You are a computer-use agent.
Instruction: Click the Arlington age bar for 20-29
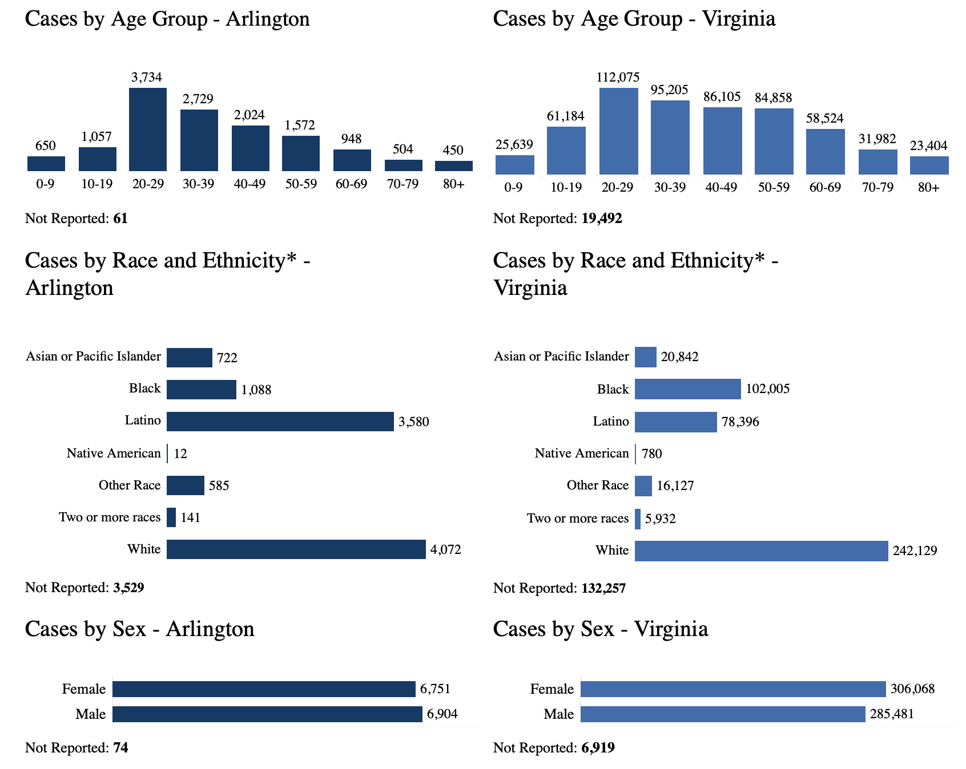[148, 129]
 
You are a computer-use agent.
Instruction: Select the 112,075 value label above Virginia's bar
[618, 77]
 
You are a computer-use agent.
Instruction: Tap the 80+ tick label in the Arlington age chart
[453, 184]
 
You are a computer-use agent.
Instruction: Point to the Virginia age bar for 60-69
[825, 152]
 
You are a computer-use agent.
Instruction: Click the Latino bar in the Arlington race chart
[280, 422]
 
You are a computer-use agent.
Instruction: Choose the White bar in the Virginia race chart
[761, 551]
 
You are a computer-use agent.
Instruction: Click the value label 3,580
[413, 422]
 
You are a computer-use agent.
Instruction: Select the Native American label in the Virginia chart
[581, 454]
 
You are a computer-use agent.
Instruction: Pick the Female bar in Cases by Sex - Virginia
[733, 689]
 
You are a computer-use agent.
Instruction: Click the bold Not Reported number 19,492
[602, 218]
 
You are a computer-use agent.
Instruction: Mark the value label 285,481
[892, 714]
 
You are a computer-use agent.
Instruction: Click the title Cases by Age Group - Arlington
[167, 19]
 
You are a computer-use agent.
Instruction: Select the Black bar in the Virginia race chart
[687, 389]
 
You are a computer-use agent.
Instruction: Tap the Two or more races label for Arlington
[110, 517]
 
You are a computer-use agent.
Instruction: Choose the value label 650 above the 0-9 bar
[46, 146]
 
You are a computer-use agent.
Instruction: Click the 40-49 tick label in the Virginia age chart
[721, 188]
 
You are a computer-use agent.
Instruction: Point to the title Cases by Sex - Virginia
[600, 629]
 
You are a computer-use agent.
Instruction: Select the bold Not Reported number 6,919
[598, 748]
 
